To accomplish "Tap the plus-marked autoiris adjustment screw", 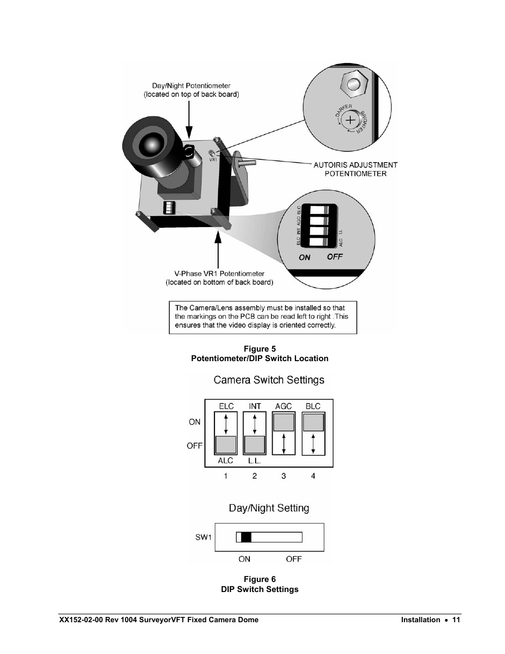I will coord(350,120).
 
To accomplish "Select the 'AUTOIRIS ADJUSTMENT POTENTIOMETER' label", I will coord(355,169).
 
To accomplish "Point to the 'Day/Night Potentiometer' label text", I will coord(191,86).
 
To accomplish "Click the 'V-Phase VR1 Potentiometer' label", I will coord(219,274).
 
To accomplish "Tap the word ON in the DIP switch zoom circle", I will coord(304,257).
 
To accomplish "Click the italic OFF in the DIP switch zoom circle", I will coord(335,257).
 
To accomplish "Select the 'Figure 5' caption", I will coord(259,349).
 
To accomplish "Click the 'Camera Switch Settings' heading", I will coord(269,380).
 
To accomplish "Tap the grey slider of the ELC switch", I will coord(226,444).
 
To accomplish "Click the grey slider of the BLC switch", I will coord(313,422).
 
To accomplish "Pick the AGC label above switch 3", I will coord(284,406).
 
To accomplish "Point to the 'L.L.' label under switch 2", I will coord(254,461).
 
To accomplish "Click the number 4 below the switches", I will coord(313,476).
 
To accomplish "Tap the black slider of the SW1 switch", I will coord(246,537).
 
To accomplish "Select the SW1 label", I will coord(203,537).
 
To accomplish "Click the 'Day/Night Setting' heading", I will coord(269,508).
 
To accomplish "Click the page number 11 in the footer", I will coord(456,620).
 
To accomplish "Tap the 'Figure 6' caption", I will coord(259,579).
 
